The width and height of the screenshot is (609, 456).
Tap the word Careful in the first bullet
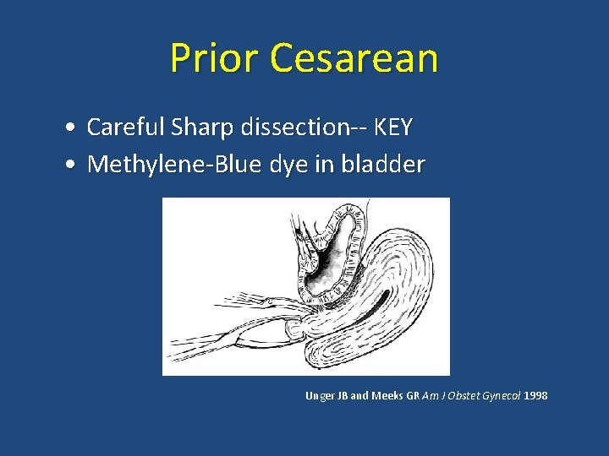(x=123, y=128)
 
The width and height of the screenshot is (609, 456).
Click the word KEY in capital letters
(x=392, y=128)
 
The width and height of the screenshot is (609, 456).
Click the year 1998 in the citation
(x=535, y=395)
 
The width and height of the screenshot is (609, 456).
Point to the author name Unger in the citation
(x=320, y=395)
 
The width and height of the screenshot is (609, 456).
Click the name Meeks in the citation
(x=387, y=395)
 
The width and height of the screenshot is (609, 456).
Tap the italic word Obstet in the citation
(x=458, y=395)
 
